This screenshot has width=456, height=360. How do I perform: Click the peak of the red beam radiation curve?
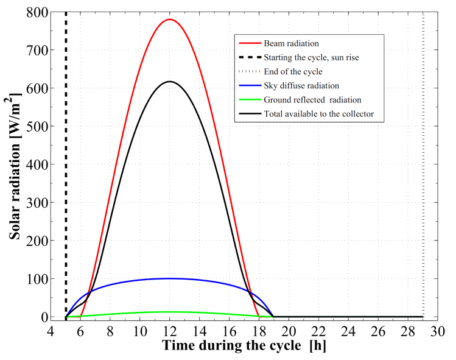(x=170, y=19)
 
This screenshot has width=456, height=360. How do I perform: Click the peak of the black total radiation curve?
(x=170, y=82)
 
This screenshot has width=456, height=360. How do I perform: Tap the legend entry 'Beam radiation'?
(x=291, y=44)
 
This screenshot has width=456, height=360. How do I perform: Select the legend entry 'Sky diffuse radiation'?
(x=301, y=86)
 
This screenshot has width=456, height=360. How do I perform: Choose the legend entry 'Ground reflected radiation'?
(x=311, y=100)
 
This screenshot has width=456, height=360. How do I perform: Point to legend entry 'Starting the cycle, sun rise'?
(x=311, y=58)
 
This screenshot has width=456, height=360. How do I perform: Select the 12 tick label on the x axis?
(x=170, y=331)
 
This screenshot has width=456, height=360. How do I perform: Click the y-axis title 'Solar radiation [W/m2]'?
(x=16, y=164)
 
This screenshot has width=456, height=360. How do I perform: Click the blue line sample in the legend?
(x=248, y=86)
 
